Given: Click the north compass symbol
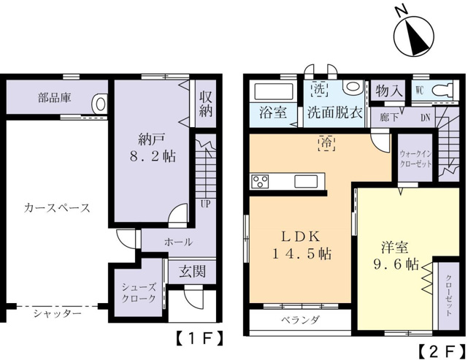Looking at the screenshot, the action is pyautogui.click(x=414, y=36).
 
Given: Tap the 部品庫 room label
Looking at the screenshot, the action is pyautogui.click(x=55, y=98).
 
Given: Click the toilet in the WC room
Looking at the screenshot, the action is pyautogui.click(x=444, y=90).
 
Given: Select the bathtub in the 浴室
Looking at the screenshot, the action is pyautogui.click(x=273, y=92).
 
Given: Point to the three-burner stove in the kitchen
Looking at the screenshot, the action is pyautogui.click(x=260, y=182).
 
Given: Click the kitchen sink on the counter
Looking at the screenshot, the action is pyautogui.click(x=306, y=182).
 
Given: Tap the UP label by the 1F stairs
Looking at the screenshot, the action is pyautogui.click(x=206, y=204).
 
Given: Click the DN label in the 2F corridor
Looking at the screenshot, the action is pyautogui.click(x=426, y=118).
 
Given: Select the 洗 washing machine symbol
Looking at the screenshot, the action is pyautogui.click(x=318, y=89).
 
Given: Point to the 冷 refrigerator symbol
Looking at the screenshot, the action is pyautogui.click(x=326, y=144).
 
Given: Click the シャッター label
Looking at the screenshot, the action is pyautogui.click(x=58, y=313).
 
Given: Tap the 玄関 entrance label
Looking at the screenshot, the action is pyautogui.click(x=192, y=272).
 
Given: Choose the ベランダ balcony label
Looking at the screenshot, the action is pyautogui.click(x=300, y=320).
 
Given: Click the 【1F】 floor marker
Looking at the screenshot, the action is pyautogui.click(x=199, y=338).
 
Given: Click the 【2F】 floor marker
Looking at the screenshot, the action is pyautogui.click(x=442, y=351).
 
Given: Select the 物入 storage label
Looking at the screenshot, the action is pyautogui.click(x=389, y=90).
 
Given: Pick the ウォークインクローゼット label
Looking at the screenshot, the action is pyautogui.click(x=415, y=158).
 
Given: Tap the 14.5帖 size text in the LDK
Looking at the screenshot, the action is pyautogui.click(x=302, y=254).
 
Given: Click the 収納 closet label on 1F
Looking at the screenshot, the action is pyautogui.click(x=206, y=104).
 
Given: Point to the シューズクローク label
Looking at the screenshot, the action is pyautogui.click(x=139, y=293).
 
